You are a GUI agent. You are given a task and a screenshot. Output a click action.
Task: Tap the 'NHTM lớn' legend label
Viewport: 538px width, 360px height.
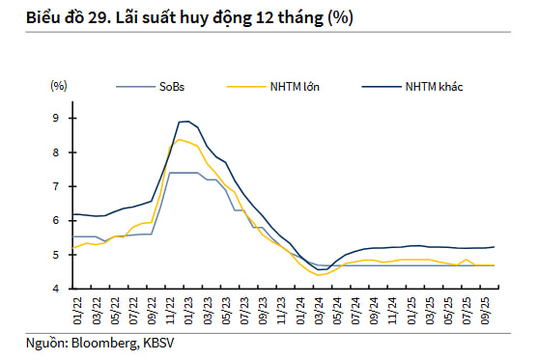(295, 87)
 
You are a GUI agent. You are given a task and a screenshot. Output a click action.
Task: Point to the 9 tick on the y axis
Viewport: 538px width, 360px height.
(56, 119)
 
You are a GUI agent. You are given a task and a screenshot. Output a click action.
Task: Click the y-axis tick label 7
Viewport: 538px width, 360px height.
(56, 186)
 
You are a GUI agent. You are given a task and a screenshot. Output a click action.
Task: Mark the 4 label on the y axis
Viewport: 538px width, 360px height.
(56, 289)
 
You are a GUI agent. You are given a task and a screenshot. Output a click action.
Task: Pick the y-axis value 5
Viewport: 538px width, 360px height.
(56, 255)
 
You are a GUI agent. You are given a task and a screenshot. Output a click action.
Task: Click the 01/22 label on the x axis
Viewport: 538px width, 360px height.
(77, 311)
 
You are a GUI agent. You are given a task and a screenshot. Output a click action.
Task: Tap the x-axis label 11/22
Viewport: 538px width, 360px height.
(170, 311)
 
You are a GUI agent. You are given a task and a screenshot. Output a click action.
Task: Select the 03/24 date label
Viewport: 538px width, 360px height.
(319, 311)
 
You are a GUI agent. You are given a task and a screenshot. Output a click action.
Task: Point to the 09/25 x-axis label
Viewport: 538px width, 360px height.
(485, 311)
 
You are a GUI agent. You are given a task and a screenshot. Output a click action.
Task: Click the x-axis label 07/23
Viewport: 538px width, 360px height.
(244, 311)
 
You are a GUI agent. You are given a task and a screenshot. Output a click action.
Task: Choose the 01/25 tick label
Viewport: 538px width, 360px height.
(411, 311)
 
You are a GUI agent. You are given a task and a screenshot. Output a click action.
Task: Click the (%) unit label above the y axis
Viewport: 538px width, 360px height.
(59, 86)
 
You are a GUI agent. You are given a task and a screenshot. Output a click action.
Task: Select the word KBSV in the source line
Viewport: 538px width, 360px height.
(158, 343)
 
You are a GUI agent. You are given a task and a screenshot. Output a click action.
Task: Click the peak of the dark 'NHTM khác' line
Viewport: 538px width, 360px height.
(187, 121)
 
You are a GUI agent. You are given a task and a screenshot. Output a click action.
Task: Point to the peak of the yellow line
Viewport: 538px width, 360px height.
(179, 140)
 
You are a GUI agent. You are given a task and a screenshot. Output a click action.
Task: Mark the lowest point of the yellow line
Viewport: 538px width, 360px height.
(318, 275)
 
